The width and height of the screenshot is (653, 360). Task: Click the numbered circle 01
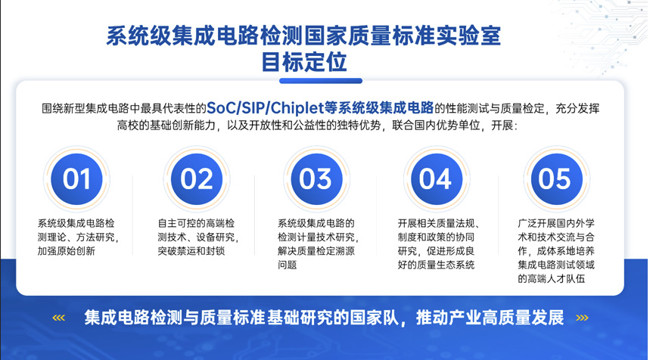[x=76, y=179]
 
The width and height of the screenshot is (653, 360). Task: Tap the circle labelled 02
[x=197, y=179]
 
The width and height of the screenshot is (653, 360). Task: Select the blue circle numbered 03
[x=316, y=179]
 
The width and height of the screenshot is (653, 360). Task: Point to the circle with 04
[x=437, y=179]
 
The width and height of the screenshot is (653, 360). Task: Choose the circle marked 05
[x=556, y=179]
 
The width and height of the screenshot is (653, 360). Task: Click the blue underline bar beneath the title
[x=321, y=81]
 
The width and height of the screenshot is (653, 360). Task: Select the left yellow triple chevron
[x=59, y=318]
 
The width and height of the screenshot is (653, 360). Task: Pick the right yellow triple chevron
[x=582, y=318]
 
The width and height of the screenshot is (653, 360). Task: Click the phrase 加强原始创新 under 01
[x=67, y=251]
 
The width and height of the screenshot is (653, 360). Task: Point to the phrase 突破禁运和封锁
[x=191, y=251]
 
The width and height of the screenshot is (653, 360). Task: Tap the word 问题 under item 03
[x=288, y=265]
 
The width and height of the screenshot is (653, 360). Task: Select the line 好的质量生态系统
[x=436, y=265]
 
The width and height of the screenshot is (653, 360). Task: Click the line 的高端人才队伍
[x=552, y=278]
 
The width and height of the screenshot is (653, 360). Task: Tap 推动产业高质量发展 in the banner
[x=490, y=318]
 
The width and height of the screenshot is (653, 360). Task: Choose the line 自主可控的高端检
[x=196, y=224]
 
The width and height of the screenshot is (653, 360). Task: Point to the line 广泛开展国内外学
[x=556, y=224]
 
